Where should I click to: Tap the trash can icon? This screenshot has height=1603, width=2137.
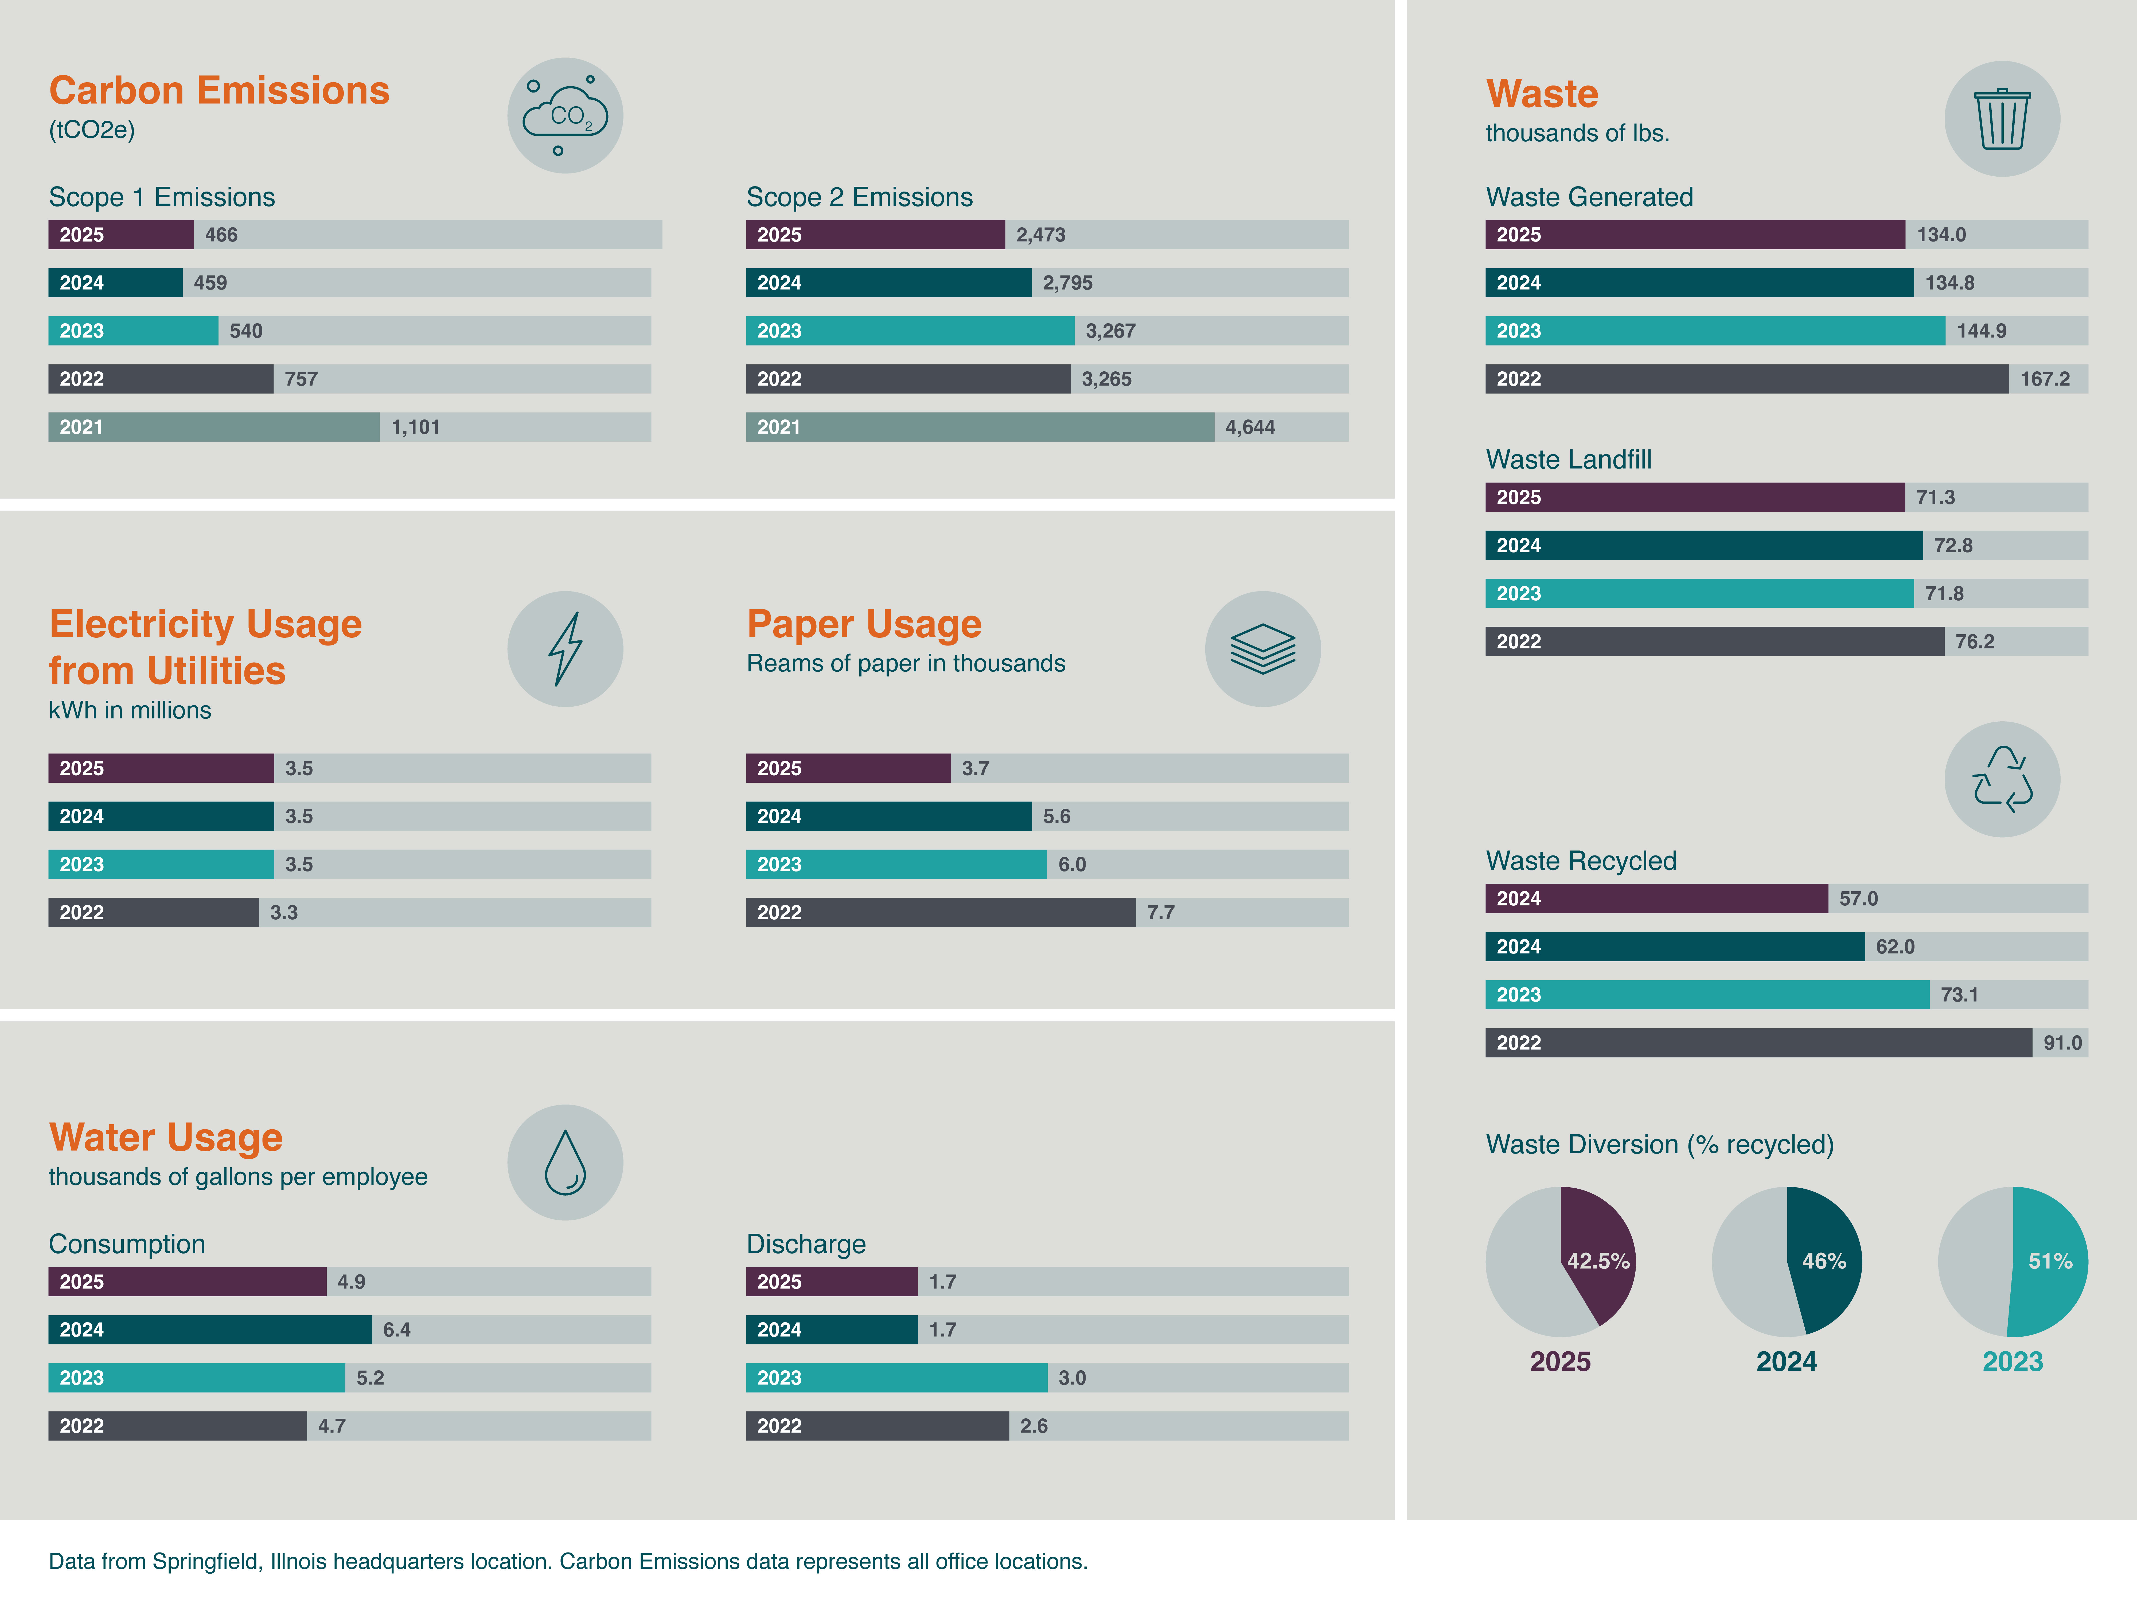click(2002, 119)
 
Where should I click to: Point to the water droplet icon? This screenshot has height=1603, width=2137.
click(565, 1162)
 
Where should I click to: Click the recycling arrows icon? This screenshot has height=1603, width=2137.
click(2002, 779)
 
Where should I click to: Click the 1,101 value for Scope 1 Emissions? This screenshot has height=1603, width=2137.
click(415, 427)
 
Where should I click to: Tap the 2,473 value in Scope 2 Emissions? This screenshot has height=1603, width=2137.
click(1040, 235)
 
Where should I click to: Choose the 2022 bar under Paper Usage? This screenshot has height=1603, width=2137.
click(940, 912)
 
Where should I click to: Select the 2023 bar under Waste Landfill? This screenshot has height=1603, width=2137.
click(1698, 593)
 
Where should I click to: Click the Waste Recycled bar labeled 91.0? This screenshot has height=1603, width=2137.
click(1758, 1042)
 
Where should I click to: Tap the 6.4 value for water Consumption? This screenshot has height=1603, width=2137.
click(396, 1329)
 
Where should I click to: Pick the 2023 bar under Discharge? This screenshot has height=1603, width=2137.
click(896, 1378)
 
